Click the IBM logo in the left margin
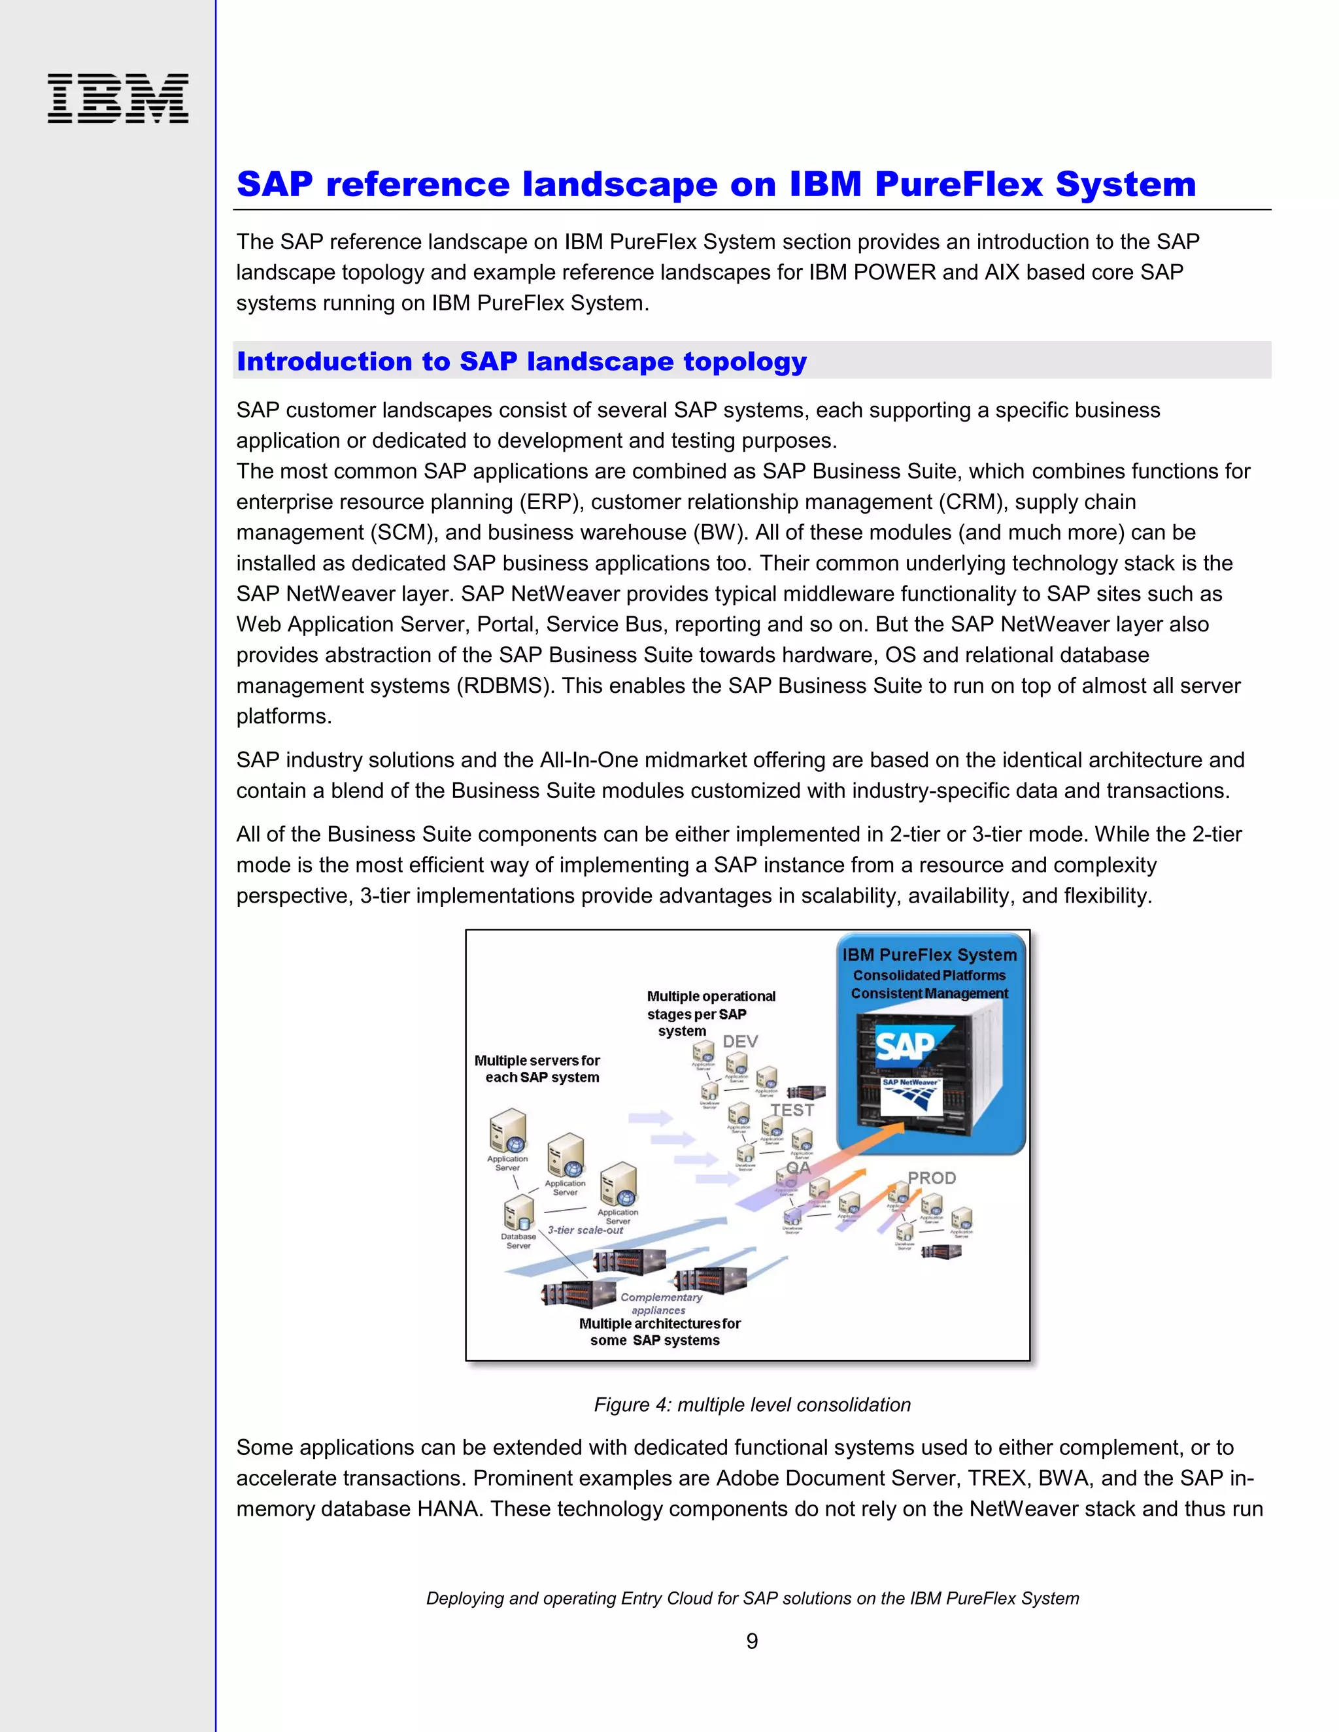[x=118, y=98]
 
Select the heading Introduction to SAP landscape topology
[x=521, y=361]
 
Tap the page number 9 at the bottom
[x=751, y=1640]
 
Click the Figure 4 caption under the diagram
[x=751, y=1405]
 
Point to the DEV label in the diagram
[x=739, y=1041]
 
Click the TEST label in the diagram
[x=792, y=1110]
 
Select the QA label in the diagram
[x=798, y=1167]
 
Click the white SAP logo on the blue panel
[x=904, y=1046]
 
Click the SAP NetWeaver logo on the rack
[x=911, y=1093]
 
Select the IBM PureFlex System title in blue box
[x=929, y=955]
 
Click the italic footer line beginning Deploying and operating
[x=751, y=1598]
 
